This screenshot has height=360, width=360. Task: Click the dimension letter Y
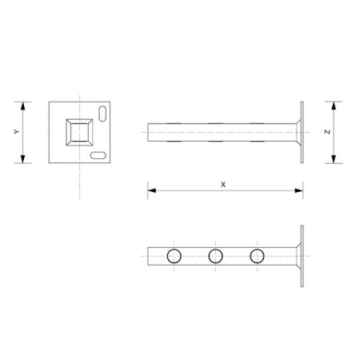17,132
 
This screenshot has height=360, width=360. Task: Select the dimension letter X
223,183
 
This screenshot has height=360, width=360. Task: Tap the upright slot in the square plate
102,113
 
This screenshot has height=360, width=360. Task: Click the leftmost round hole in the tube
174,256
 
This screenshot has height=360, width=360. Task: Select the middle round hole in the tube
215,256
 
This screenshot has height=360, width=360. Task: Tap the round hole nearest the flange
257,256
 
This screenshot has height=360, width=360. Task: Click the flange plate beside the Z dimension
302,133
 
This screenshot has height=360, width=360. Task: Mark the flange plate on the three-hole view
302,256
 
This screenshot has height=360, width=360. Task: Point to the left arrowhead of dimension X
150,190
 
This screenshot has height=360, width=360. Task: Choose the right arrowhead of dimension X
300,190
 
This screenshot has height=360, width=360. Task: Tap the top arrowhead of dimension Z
334,105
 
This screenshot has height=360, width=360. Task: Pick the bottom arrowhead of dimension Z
334,161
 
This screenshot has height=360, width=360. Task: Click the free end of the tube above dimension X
149,133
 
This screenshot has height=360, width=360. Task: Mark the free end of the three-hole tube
149,256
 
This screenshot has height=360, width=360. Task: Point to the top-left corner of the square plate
50,102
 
